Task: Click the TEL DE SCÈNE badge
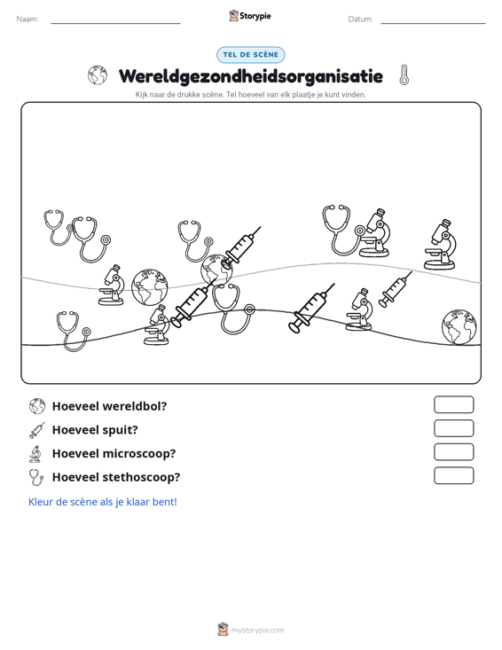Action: tap(250, 55)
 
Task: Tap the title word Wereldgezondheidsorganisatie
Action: tap(251, 76)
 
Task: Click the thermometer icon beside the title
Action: tap(404, 75)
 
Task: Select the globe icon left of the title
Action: tap(98, 75)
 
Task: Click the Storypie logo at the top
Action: tap(250, 16)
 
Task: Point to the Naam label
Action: tap(27, 20)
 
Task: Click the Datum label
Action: tap(360, 20)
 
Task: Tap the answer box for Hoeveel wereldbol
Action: tap(453, 404)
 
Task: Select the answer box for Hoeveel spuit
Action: tap(453, 428)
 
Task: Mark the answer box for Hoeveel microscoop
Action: tap(453, 452)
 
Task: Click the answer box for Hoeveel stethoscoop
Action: tap(453, 475)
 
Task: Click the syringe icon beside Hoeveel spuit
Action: tap(37, 430)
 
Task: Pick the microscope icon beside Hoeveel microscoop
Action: tap(35, 454)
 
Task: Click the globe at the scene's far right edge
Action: tap(459, 326)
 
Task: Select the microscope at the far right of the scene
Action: tap(441, 245)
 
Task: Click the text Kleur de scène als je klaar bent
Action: tap(102, 502)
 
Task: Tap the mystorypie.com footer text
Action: tap(257, 630)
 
